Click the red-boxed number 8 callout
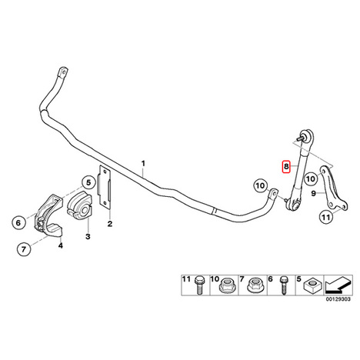click(286, 167)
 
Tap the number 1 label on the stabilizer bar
click(143, 163)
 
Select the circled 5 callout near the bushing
click(88, 183)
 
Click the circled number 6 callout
click(18, 222)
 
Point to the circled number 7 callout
click(24, 248)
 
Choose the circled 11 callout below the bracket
click(325, 218)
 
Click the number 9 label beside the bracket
click(313, 194)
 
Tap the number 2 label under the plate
click(110, 224)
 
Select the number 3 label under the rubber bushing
click(88, 236)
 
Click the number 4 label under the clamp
click(60, 245)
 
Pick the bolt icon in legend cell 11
click(198, 285)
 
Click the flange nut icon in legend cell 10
click(226, 286)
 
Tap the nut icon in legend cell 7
click(254, 286)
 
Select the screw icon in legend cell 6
click(283, 285)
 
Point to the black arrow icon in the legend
click(338, 285)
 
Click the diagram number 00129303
click(338, 299)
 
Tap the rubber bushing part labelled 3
click(78, 205)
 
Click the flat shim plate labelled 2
click(104, 186)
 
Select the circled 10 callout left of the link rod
click(260, 185)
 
